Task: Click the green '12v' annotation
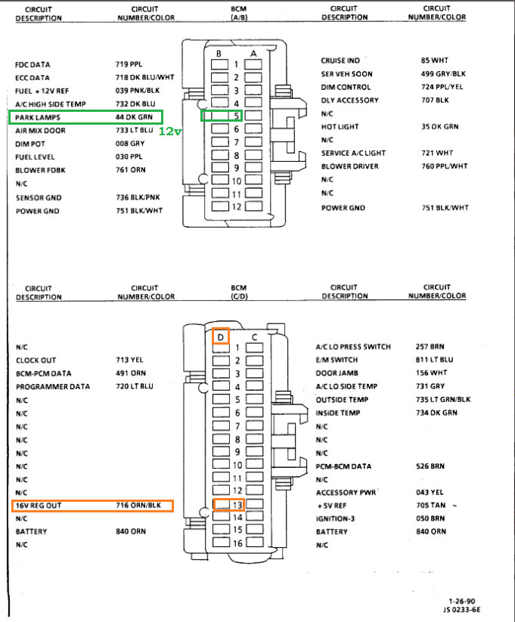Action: click(170, 131)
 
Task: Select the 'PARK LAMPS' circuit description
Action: click(37, 117)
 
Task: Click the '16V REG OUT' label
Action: click(39, 506)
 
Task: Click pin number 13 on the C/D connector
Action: click(237, 505)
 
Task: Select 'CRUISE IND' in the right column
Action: click(340, 60)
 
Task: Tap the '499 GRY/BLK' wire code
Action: click(445, 73)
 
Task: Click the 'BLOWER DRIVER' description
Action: click(349, 166)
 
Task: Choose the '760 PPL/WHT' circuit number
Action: click(445, 166)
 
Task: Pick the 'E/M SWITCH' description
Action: click(337, 360)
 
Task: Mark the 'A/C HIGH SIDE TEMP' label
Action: click(51, 104)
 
